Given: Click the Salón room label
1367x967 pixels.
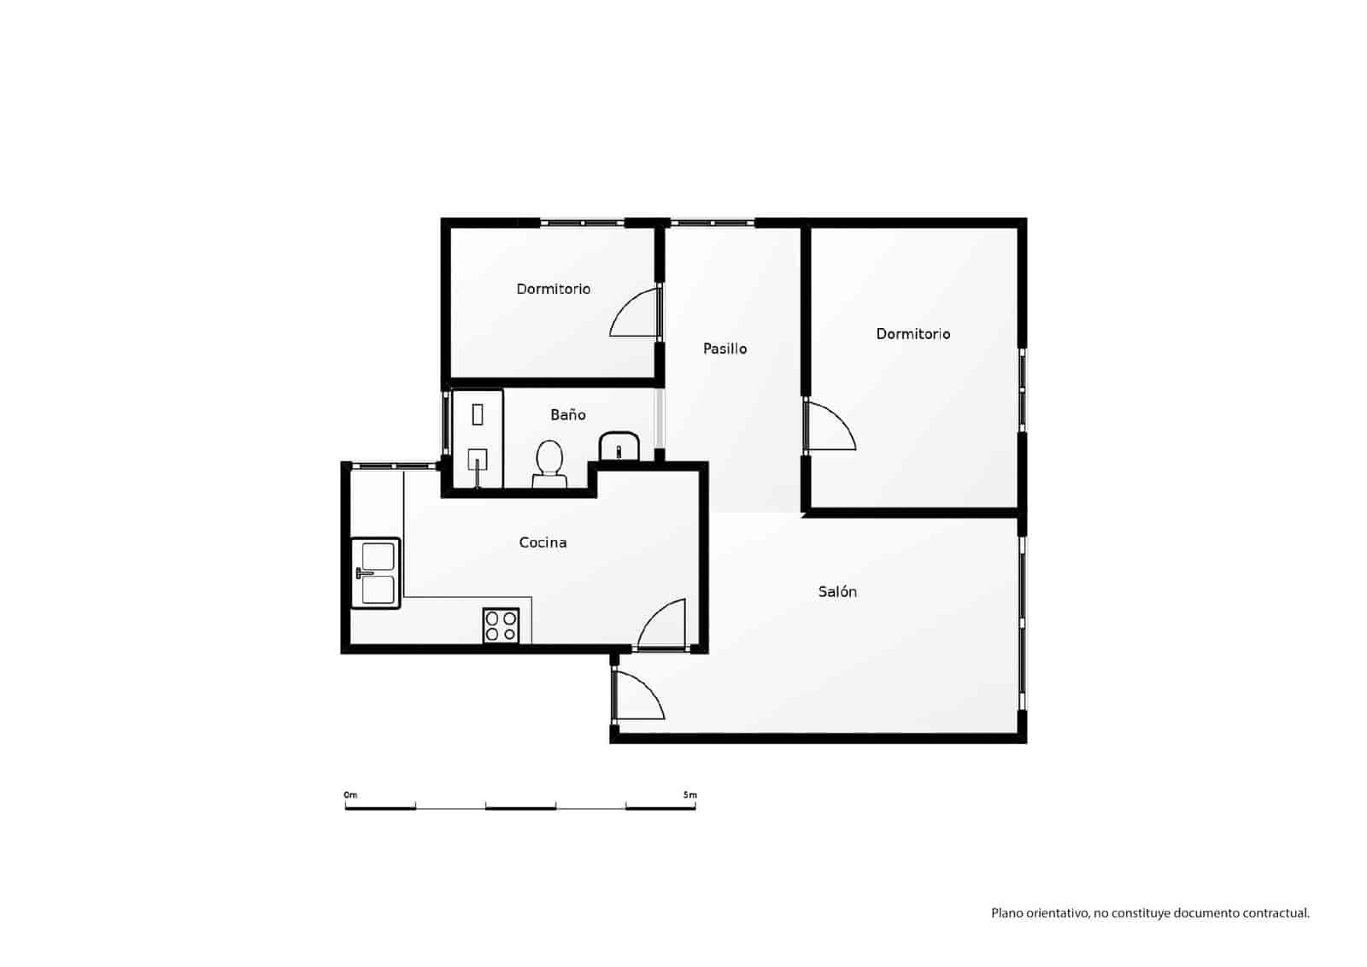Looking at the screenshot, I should pyautogui.click(x=837, y=591).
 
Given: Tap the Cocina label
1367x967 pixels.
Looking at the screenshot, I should pyautogui.click(x=543, y=542).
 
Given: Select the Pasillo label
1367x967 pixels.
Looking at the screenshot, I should pyautogui.click(x=725, y=349).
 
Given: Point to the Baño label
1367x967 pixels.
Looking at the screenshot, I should pyautogui.click(x=567, y=414).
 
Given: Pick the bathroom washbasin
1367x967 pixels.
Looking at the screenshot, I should pyautogui.click(x=619, y=446).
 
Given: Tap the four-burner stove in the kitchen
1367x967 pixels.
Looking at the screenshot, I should pyautogui.click(x=501, y=625).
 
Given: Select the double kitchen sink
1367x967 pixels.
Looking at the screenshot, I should pyautogui.click(x=376, y=573).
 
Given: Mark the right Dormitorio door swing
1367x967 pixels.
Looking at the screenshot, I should pyautogui.click(x=829, y=425).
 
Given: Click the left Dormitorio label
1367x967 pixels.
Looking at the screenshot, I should pyautogui.click(x=553, y=289).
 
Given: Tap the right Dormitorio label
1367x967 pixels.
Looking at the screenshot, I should pyautogui.click(x=912, y=334).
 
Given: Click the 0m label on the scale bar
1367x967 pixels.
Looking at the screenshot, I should pyautogui.click(x=350, y=794).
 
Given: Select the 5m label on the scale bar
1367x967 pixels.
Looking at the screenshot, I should pyautogui.click(x=689, y=794).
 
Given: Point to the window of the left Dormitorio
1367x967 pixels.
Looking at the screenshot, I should pyautogui.click(x=583, y=223).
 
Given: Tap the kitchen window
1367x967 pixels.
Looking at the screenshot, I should pyautogui.click(x=392, y=466).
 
